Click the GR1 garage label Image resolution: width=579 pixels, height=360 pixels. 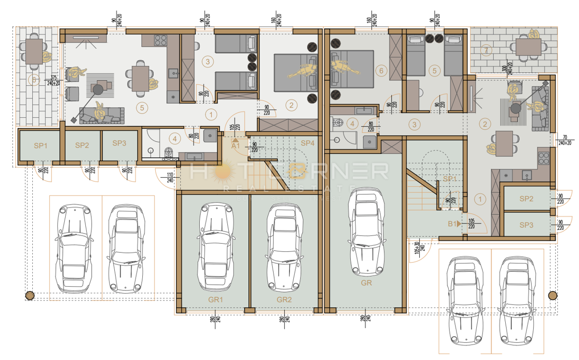tap(215, 299)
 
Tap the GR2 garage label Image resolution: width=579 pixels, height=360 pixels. tap(284, 299)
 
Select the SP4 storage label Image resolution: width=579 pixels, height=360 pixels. tap(308, 143)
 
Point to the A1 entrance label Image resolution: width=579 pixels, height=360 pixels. tap(235, 145)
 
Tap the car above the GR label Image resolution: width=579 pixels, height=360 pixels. tap(366, 231)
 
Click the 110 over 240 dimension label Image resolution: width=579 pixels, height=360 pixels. tap(170, 177)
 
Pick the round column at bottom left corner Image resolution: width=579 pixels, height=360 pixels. tap(29, 295)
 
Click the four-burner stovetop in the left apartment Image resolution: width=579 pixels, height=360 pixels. tap(160, 41)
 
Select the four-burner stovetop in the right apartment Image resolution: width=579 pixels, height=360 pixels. tap(543, 158)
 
